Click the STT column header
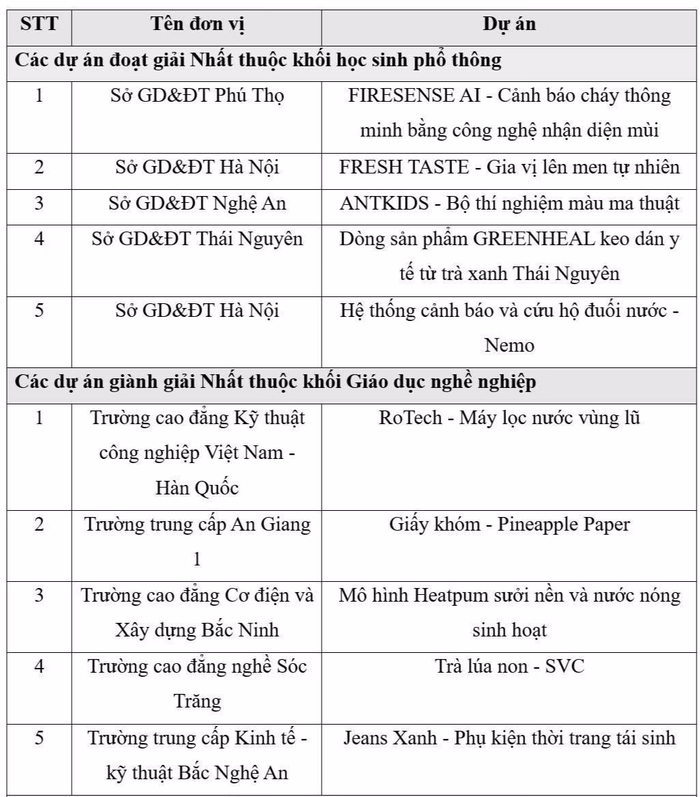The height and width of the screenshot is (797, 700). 39,25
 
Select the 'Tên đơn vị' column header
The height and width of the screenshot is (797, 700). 197,25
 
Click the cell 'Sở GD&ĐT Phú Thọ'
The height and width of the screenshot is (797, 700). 197,96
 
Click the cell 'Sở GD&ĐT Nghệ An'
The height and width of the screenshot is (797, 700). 197,203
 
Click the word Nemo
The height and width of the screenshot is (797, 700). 509,346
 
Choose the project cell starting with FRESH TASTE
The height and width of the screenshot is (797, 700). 509,167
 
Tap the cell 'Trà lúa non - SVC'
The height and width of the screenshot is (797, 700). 509,667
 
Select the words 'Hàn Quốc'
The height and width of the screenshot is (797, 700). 197,489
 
